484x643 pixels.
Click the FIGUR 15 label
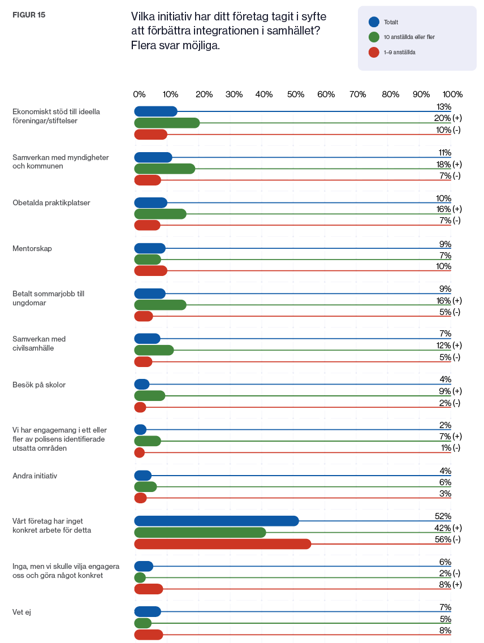pyautogui.click(x=29, y=15)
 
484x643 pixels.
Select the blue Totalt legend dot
pyautogui.click(x=374, y=21)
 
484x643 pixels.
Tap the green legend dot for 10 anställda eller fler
pyautogui.click(x=374, y=37)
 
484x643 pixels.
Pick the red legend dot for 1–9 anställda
pyautogui.click(x=374, y=52)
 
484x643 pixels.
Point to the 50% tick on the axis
pyautogui.click(x=295, y=94)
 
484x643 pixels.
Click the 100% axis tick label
pyautogui.click(x=452, y=94)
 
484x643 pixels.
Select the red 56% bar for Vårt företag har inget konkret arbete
pyautogui.click(x=223, y=544)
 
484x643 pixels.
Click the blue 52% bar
pyautogui.click(x=217, y=521)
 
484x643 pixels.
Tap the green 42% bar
pyautogui.click(x=200, y=533)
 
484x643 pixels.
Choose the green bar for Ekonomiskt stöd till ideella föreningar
pyautogui.click(x=167, y=123)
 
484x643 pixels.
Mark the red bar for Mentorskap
pyautogui.click(x=150, y=271)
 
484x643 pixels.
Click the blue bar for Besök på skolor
pyautogui.click(x=142, y=384)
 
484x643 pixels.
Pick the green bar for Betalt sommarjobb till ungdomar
pyautogui.click(x=161, y=305)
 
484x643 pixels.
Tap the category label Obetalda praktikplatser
pyautogui.click(x=51, y=203)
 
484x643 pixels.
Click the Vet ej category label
pyautogui.click(x=21, y=612)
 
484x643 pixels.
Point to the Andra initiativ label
pyautogui.click(x=35, y=476)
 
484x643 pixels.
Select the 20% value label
pyautogui.click(x=443, y=118)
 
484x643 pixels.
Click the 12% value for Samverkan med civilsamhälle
pyautogui.click(x=444, y=346)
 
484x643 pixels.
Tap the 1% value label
pyautogui.click(x=446, y=448)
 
